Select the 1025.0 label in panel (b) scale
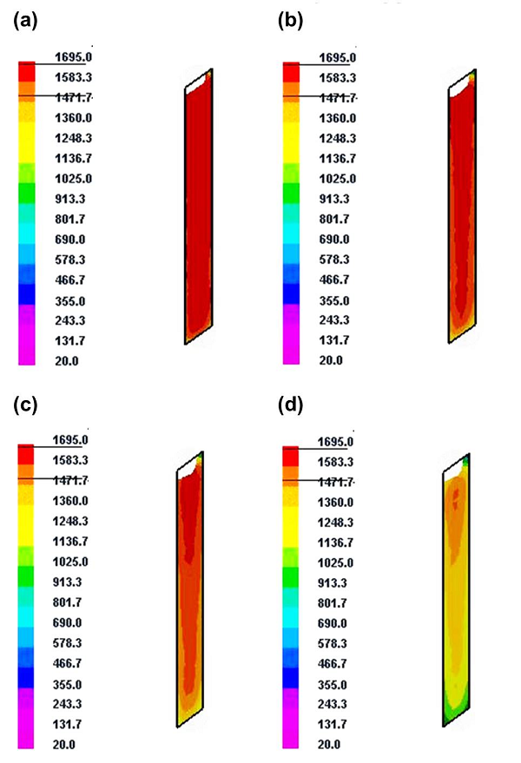[x=336, y=179]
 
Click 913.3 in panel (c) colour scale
[x=67, y=582]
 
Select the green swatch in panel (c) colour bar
[x=26, y=575]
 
